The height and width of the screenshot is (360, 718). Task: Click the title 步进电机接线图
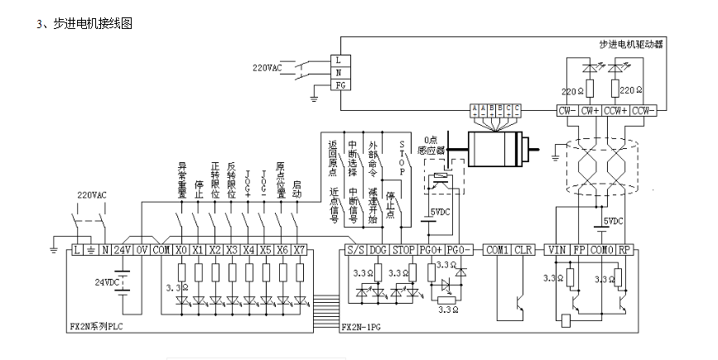93,24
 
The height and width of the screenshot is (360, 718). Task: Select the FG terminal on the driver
340,85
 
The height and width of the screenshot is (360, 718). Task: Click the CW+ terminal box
590,109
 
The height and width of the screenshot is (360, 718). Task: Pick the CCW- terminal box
643,109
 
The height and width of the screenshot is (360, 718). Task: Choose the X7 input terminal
299,249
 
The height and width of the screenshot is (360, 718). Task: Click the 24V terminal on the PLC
122,249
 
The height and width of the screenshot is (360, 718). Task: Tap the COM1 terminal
497,249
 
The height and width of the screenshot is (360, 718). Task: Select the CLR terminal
523,249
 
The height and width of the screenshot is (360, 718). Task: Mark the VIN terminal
555,249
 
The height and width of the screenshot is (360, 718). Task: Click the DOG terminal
378,249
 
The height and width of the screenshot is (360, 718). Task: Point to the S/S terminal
354,249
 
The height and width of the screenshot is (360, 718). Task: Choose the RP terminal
626,249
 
